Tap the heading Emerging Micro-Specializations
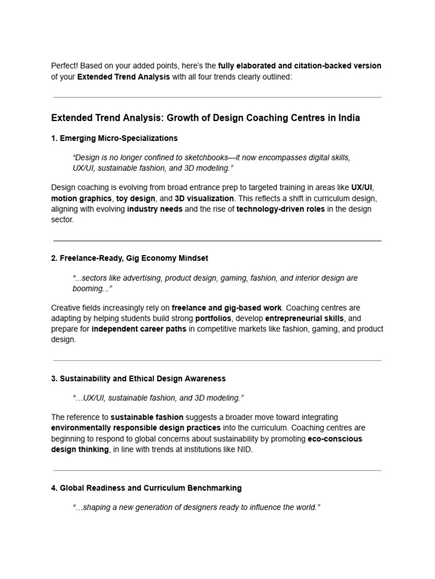click(118, 138)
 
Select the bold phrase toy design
click(136, 198)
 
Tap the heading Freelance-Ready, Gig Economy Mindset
click(134, 258)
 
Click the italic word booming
click(91, 288)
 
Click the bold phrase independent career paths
click(139, 329)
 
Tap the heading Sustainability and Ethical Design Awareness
click(143, 378)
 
